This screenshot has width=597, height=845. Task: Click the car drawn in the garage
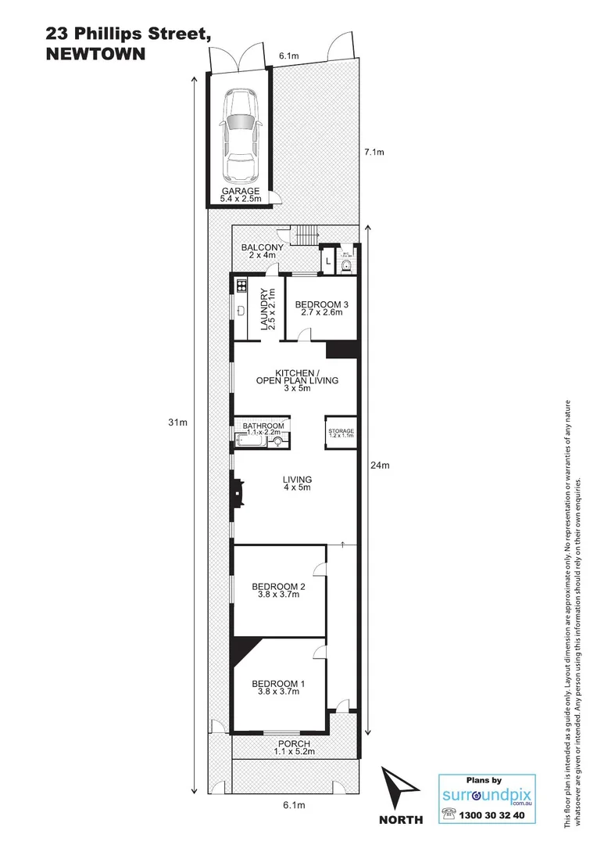click(240, 134)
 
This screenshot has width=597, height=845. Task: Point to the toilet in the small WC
click(346, 264)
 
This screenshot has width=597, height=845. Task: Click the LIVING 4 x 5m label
click(297, 484)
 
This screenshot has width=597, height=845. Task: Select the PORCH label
click(293, 747)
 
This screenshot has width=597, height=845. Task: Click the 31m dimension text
click(178, 422)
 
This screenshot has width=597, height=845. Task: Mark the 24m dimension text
click(380, 466)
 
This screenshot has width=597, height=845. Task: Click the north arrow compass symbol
click(401, 790)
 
